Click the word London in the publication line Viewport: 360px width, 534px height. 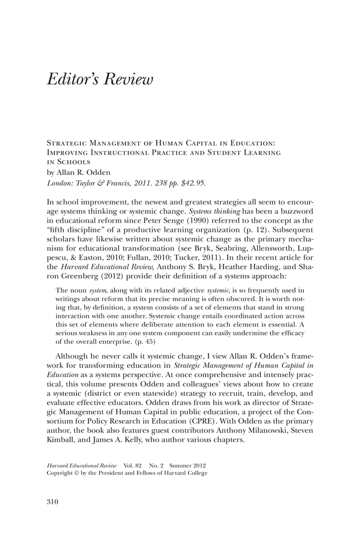point(59,182)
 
